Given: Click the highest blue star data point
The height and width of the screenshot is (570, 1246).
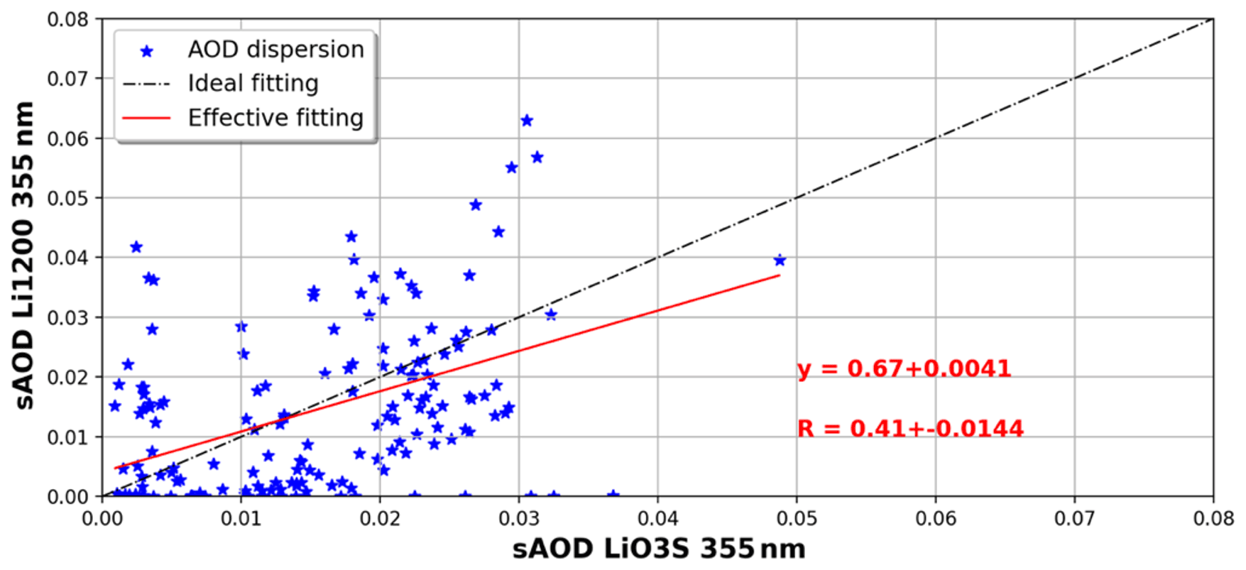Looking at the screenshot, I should point(527,121).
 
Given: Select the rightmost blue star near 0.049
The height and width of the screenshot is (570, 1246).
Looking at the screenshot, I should point(780,261).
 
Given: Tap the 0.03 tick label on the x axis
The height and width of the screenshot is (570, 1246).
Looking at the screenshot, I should point(518,518).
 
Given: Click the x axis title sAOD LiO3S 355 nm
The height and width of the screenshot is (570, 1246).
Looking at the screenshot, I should point(658,549).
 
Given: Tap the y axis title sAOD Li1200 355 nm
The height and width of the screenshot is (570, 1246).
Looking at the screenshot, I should point(24,256).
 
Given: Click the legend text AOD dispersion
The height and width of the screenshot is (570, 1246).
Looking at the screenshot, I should point(275,50).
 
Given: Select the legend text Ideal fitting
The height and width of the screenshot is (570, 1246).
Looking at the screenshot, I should point(253,84).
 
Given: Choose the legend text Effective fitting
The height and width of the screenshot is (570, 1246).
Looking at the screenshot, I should point(275,118).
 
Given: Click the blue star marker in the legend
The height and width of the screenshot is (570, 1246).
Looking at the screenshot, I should point(147,51).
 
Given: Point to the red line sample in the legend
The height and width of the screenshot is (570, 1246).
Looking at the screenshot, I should point(147,118).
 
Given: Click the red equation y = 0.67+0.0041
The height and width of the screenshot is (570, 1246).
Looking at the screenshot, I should point(904,368).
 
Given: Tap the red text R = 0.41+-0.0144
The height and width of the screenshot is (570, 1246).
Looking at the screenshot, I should point(910,429).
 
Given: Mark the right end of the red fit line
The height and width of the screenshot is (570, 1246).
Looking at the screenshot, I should point(780,275).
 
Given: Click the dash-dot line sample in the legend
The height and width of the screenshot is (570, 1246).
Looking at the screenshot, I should point(147,84).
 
